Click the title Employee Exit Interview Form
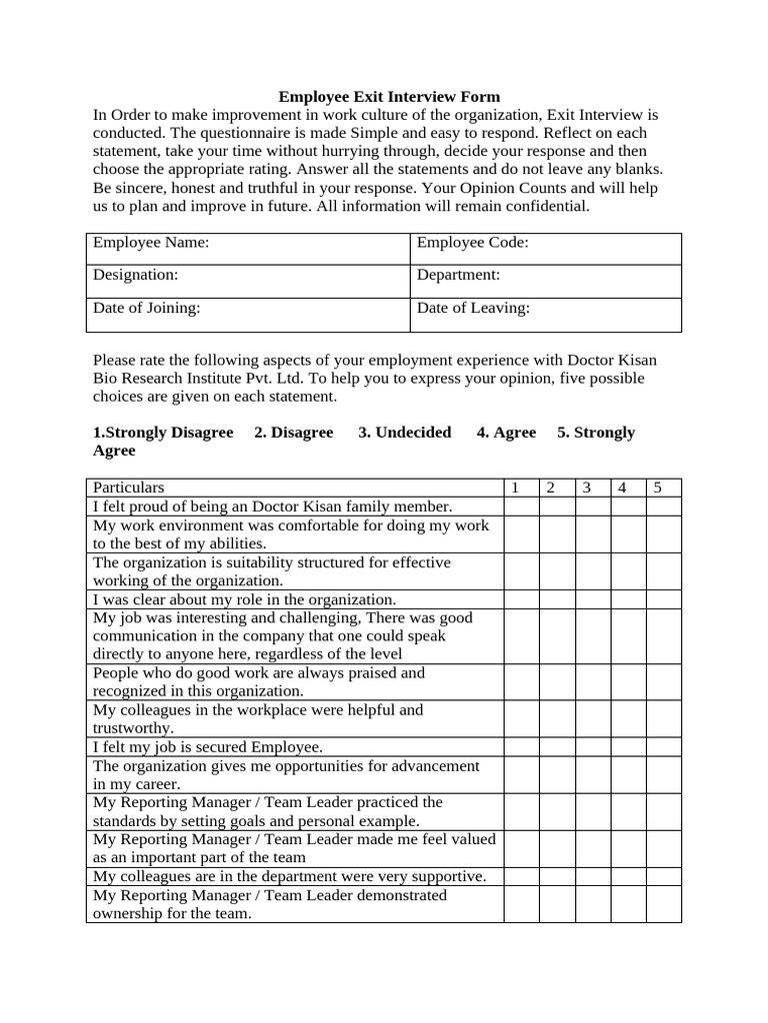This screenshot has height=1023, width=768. pyautogui.click(x=388, y=97)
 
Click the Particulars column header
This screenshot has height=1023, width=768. pyautogui.click(x=129, y=488)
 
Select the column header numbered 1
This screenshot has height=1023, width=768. pyautogui.click(x=515, y=488)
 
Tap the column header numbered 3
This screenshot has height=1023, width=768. pyautogui.click(x=587, y=488)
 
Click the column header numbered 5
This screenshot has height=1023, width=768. pyautogui.click(x=658, y=488)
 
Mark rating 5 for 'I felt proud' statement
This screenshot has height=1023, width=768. pyautogui.click(x=663, y=507)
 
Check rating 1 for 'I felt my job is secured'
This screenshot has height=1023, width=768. pyautogui.click(x=521, y=747)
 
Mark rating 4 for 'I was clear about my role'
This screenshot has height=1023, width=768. pyautogui.click(x=628, y=599)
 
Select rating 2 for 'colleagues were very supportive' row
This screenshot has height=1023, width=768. pyautogui.click(x=557, y=876)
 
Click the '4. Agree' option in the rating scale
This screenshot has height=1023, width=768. pyautogui.click(x=506, y=433)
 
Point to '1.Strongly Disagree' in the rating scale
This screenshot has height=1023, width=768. pyautogui.click(x=163, y=433)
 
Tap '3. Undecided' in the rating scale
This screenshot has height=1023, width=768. pyautogui.click(x=405, y=433)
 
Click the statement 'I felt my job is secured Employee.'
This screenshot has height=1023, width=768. pyautogui.click(x=208, y=747)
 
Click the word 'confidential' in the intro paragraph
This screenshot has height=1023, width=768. pyautogui.click(x=549, y=207)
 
